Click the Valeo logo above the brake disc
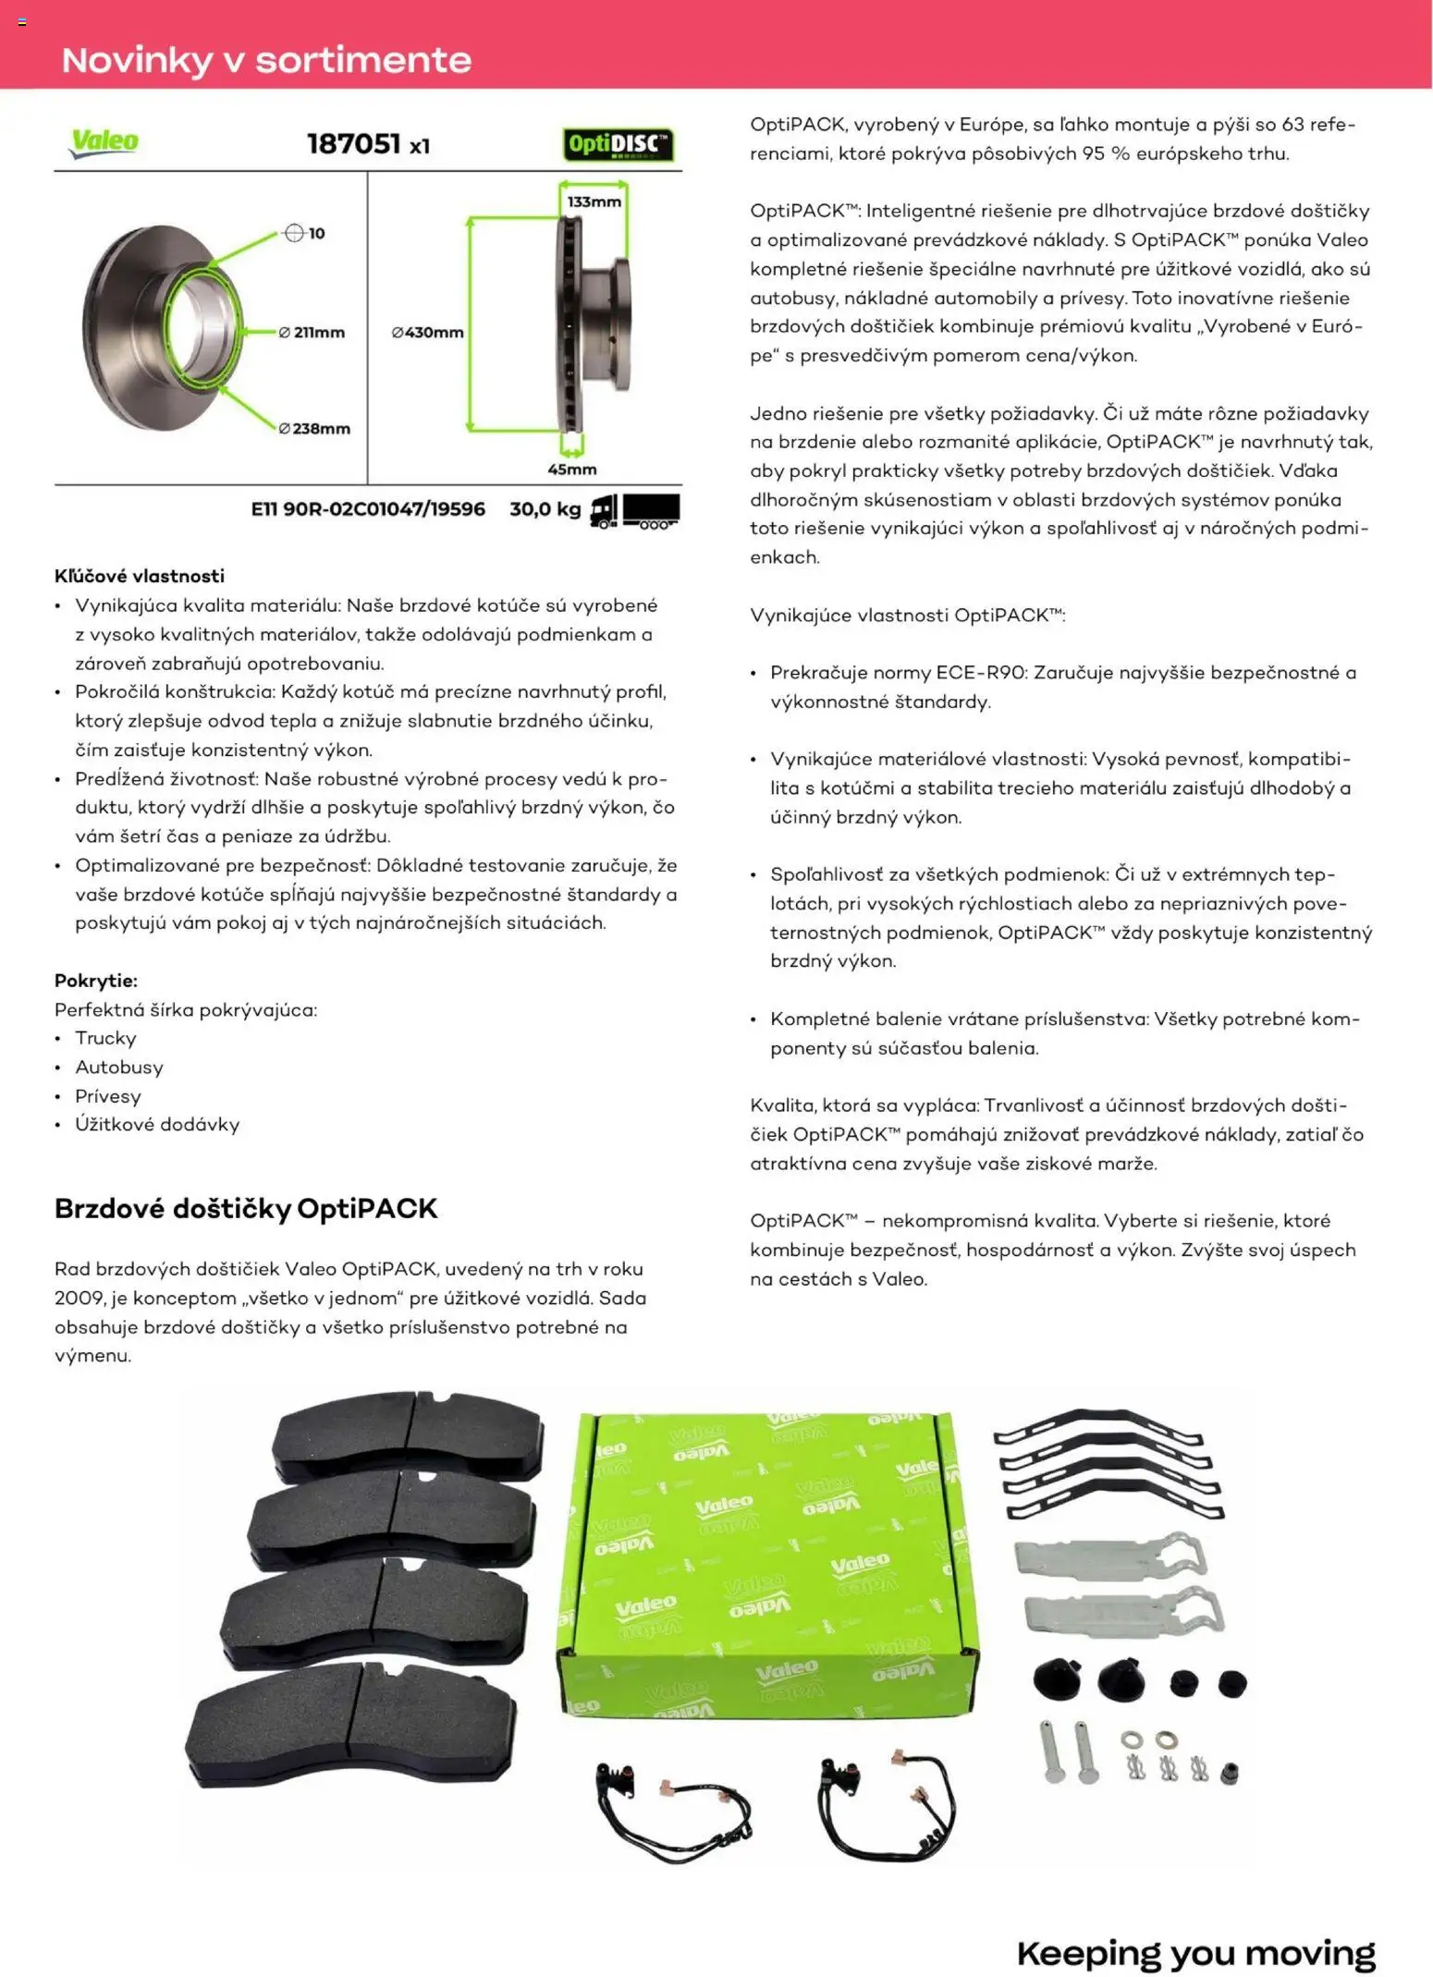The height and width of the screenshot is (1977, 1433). pyautogui.click(x=104, y=142)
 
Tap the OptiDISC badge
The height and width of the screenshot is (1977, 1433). pyautogui.click(x=618, y=144)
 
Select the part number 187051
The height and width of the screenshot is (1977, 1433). pyautogui.click(x=353, y=144)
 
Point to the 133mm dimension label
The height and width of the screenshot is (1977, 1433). pyautogui.click(x=594, y=201)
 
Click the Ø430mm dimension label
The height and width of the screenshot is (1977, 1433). pyautogui.click(x=427, y=333)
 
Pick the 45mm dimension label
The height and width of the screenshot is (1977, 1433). pyautogui.click(x=571, y=470)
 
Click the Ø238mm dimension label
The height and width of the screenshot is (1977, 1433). pyautogui.click(x=314, y=429)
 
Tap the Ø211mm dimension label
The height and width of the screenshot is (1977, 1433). pyautogui.click(x=312, y=333)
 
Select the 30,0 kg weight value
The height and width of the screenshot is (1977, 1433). pyautogui.click(x=545, y=509)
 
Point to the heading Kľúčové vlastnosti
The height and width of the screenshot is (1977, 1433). pyautogui.click(x=140, y=576)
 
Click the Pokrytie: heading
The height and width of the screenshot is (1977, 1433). pyautogui.click(x=96, y=981)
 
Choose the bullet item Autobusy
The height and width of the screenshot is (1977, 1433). pyautogui.click(x=119, y=1068)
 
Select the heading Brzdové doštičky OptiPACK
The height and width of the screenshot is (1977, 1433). pyautogui.click(x=246, y=1209)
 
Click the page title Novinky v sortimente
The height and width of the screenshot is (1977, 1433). pyautogui.click(x=266, y=60)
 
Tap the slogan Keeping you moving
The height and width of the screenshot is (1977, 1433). pyautogui.click(x=1195, y=1953)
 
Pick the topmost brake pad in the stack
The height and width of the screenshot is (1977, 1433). pyautogui.click(x=407, y=1437)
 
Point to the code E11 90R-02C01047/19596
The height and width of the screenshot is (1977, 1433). pyautogui.click(x=368, y=509)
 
